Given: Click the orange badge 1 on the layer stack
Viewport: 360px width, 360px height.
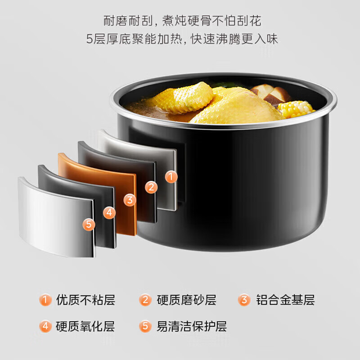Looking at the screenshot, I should coord(171,177).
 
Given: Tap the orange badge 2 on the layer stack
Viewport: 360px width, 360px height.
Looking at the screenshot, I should coord(151,187).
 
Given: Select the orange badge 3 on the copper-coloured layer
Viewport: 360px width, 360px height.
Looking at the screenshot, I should coord(130,200).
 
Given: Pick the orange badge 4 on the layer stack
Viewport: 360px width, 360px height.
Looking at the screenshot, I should coord(109,212).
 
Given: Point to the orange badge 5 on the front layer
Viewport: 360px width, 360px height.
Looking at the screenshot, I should coord(89,223).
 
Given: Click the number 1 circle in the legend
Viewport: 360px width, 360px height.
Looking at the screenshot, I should coord(45,300).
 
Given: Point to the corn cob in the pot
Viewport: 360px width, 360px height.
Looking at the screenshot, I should coord(296,108).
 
